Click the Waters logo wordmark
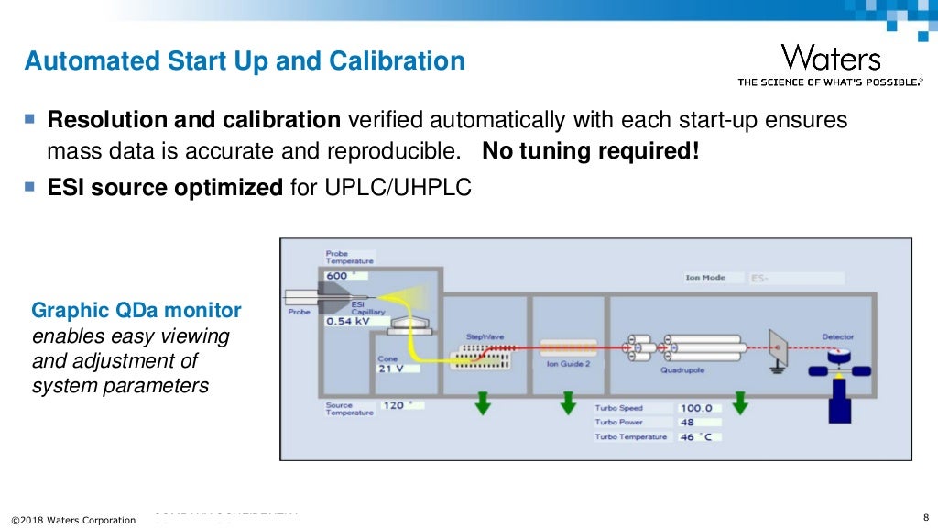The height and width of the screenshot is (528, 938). (831, 59)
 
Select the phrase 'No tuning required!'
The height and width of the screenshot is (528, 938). (590, 150)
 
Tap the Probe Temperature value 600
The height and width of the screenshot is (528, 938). (337, 275)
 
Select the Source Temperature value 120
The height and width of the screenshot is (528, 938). (394, 405)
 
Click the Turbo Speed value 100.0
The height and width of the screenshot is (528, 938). (696, 408)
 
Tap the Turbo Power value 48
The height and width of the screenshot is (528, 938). (687, 423)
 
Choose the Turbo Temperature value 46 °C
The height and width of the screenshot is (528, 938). (696, 437)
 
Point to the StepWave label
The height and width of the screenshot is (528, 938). (485, 337)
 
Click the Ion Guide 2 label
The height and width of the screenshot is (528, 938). (568, 364)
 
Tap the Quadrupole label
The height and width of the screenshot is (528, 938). (682, 371)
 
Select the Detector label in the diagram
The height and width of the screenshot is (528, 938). (837, 337)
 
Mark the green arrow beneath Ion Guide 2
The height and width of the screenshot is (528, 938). (568, 402)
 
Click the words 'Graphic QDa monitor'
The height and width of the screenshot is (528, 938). (136, 310)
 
